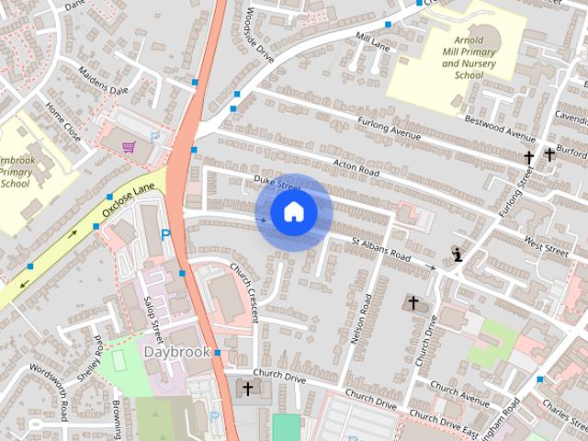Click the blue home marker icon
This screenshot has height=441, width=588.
point(292,212)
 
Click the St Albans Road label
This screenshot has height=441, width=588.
point(381,248)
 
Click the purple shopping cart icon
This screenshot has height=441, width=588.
point(129,147)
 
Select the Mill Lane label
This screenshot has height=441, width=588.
point(374,40)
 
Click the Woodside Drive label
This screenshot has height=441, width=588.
point(261,34)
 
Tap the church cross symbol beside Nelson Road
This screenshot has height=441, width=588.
point(413,302)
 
